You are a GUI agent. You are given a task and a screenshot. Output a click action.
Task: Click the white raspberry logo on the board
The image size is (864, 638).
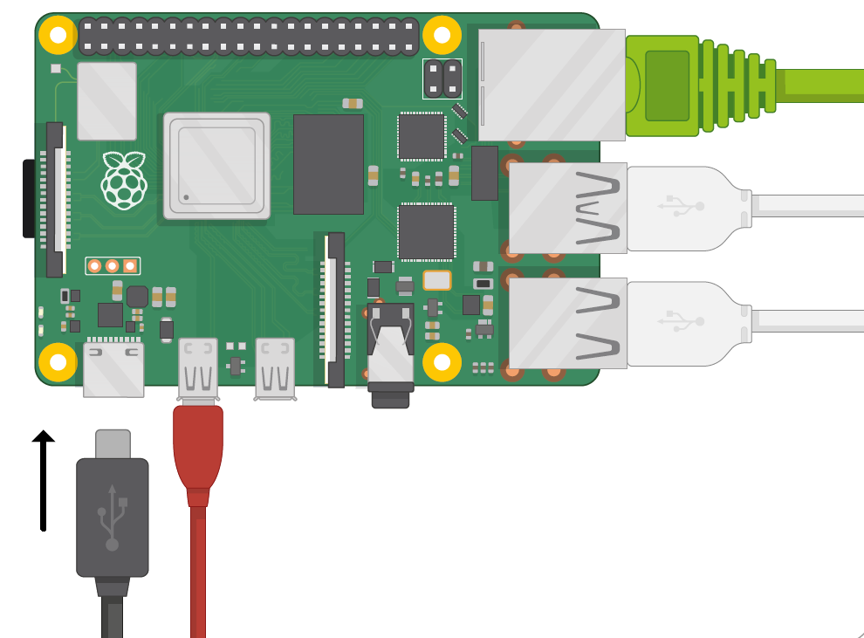[x=125, y=180]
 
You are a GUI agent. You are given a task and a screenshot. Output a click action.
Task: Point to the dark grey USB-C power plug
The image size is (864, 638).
[x=112, y=515]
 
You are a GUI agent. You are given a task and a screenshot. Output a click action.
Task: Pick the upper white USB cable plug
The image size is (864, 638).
[x=685, y=209]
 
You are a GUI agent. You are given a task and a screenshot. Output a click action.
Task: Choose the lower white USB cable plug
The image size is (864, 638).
[x=685, y=323]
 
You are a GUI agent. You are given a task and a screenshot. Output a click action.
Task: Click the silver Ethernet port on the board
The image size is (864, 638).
[x=552, y=85]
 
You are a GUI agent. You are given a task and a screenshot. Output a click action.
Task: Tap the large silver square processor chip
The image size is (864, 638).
[x=216, y=166]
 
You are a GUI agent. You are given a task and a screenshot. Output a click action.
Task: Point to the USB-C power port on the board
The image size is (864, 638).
[x=113, y=369]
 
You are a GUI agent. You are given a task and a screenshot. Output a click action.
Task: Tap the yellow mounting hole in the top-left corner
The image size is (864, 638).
[x=58, y=35]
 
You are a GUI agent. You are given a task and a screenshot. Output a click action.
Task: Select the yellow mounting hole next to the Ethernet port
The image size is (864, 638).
[x=442, y=35]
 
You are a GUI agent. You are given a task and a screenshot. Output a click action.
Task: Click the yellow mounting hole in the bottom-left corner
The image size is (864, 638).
[x=58, y=361]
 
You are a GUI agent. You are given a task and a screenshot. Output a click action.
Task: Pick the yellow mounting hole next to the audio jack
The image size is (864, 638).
[x=442, y=361]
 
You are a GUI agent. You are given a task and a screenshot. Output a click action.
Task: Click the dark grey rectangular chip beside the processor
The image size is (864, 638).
[x=328, y=164]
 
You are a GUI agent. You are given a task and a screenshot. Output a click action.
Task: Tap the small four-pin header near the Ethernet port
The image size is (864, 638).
[x=442, y=79]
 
